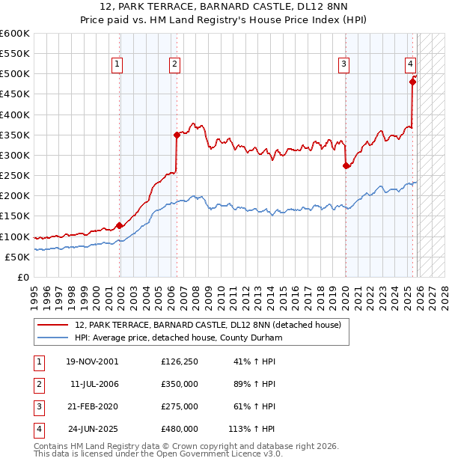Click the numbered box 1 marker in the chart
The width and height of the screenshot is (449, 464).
pyautogui.click(x=118, y=65)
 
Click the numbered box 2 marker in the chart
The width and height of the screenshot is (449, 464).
pyautogui.click(x=174, y=65)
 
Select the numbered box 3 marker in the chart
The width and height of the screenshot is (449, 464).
pyautogui.click(x=343, y=65)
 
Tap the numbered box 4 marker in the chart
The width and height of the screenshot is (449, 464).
pyautogui.click(x=411, y=65)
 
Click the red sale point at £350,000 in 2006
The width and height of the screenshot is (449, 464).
pyautogui.click(x=177, y=135)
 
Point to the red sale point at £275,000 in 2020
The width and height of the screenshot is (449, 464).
pyautogui.click(x=346, y=165)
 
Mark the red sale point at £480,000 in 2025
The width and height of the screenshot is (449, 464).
pyautogui.click(x=412, y=82)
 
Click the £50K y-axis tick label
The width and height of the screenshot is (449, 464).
pyautogui.click(x=17, y=257)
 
